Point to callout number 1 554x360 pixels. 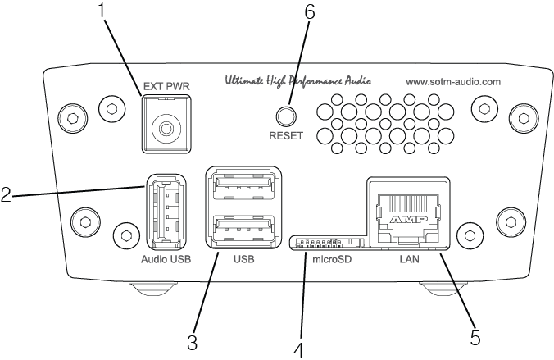[102, 11]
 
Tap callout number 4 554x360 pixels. [298, 348]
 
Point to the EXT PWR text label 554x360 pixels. [166, 84]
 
